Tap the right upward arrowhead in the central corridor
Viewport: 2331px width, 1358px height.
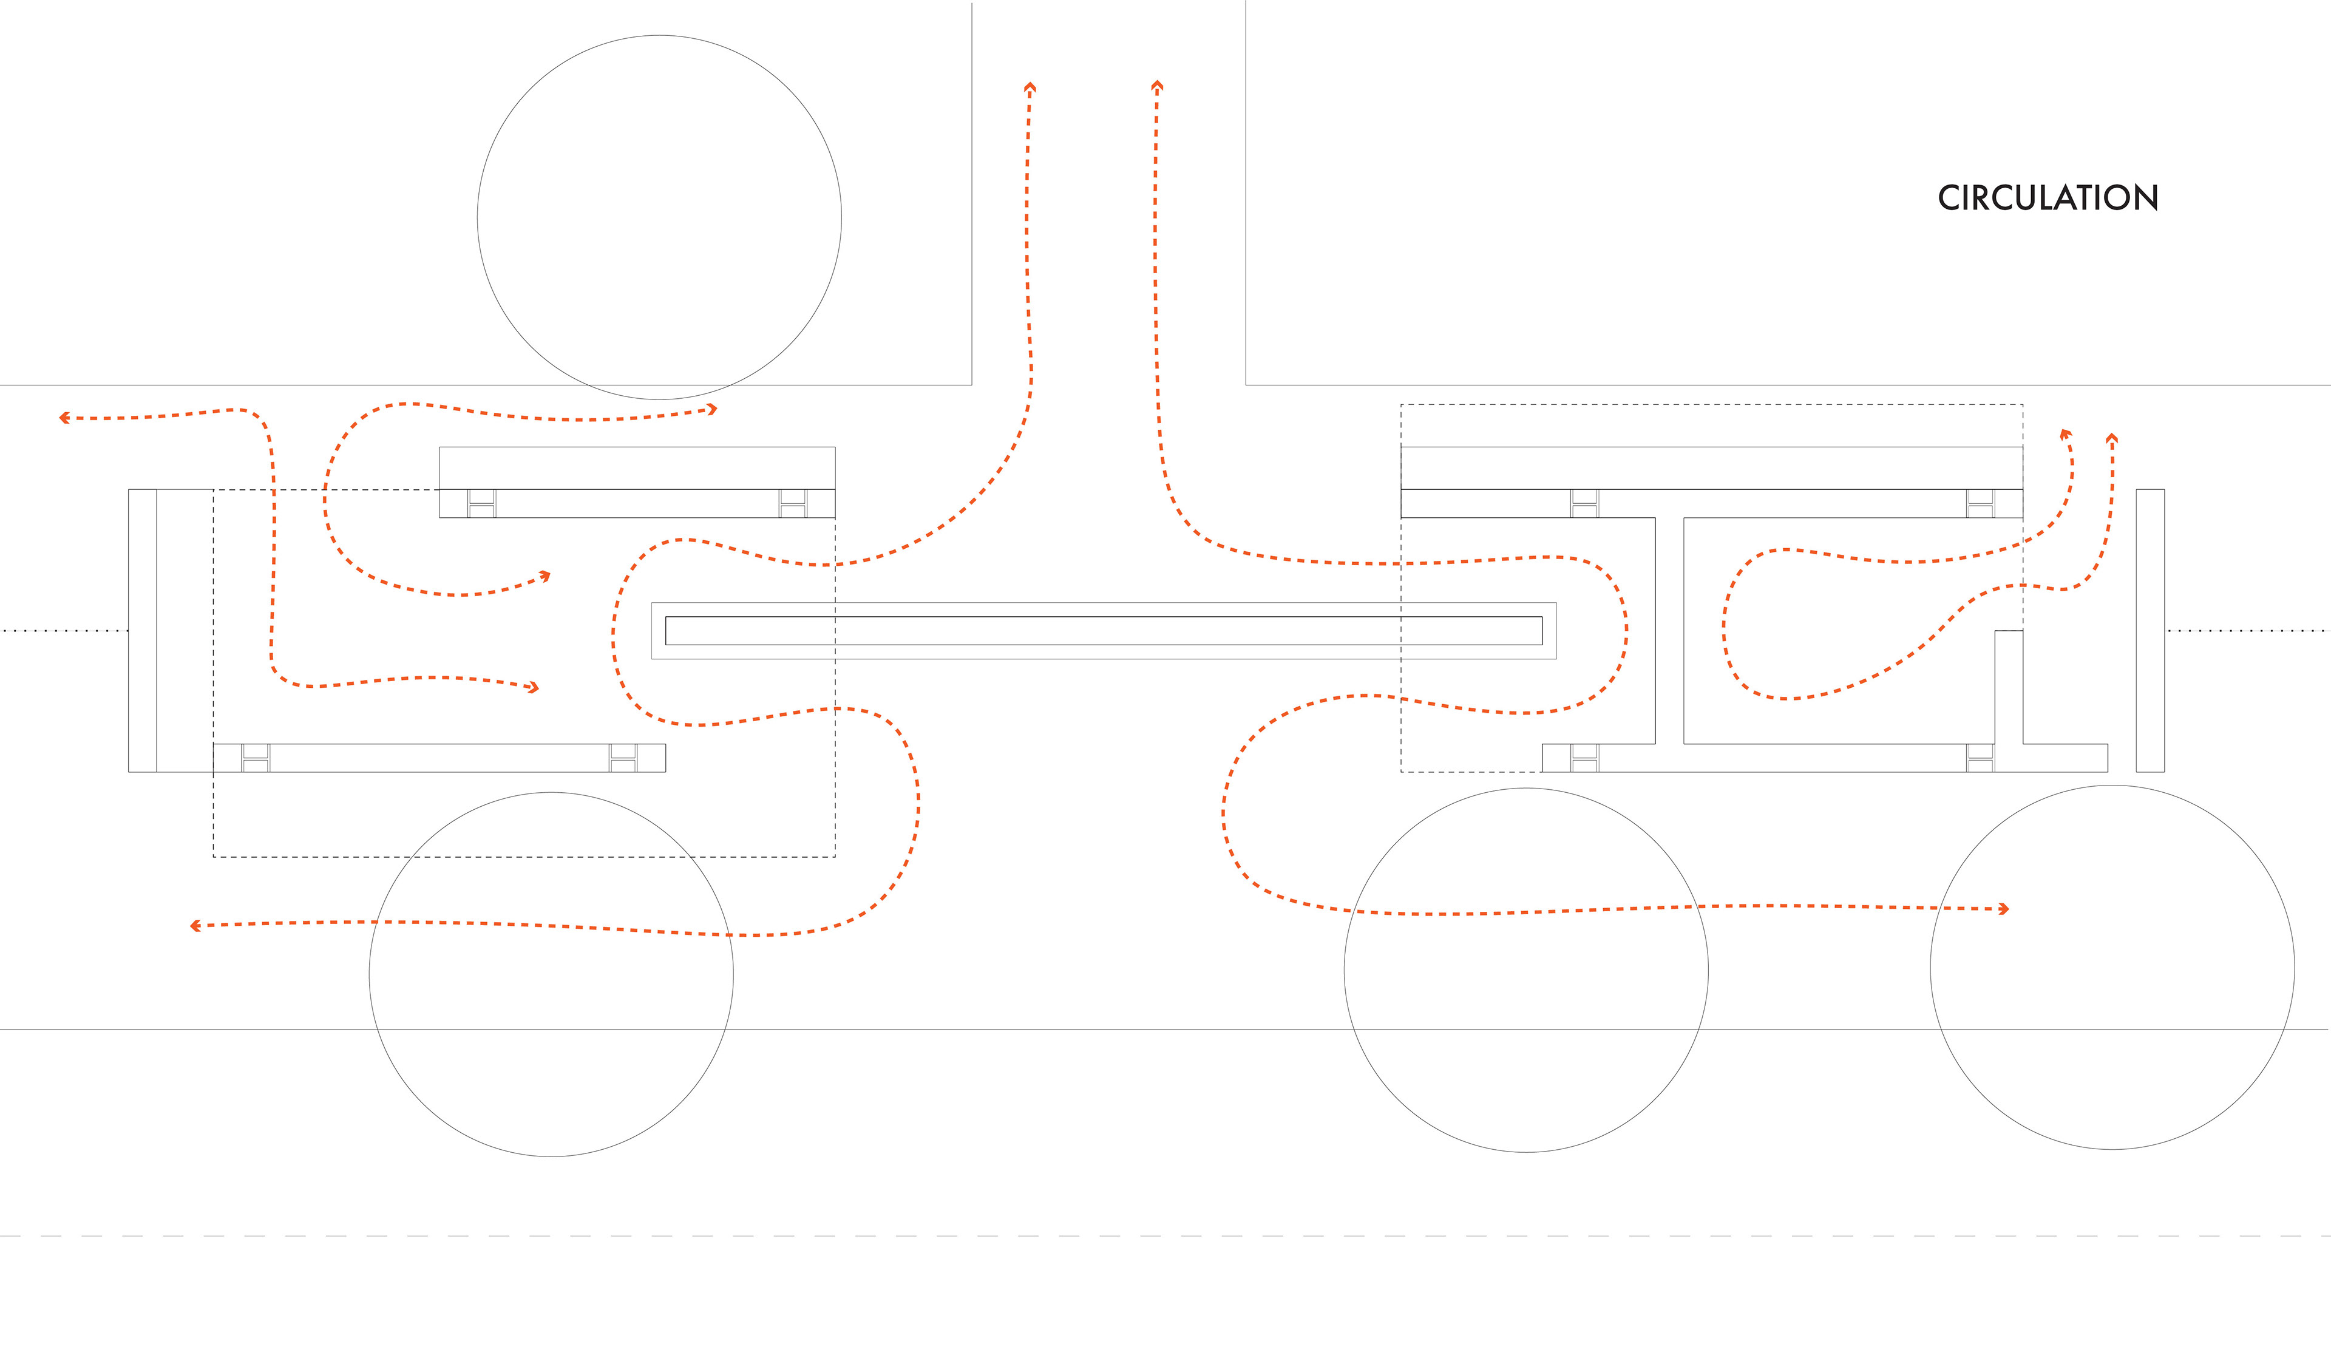point(1156,86)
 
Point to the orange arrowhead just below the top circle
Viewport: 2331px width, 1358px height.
point(712,409)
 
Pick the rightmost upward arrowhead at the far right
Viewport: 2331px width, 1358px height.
point(2112,438)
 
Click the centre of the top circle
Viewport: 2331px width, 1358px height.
point(659,217)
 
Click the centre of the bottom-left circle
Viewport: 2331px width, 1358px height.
point(551,974)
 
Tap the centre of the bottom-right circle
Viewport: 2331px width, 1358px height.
point(2112,968)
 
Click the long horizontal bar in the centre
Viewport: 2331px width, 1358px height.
point(1104,631)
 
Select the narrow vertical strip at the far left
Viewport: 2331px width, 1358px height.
point(143,630)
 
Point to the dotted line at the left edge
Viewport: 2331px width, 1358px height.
point(65,631)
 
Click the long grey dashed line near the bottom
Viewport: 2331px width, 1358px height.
point(1165,1236)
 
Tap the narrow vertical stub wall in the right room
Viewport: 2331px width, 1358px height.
point(2008,687)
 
